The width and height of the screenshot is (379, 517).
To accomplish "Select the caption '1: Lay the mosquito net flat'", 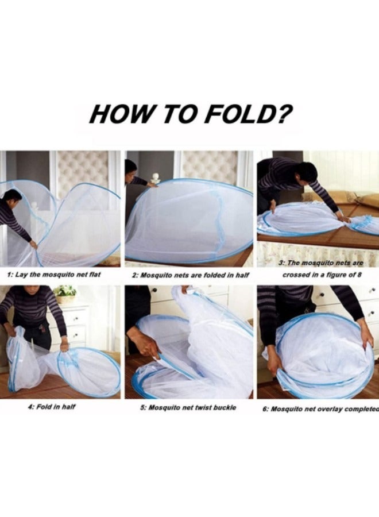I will [54, 275].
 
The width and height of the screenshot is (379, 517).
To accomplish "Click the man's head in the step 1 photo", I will [13, 198].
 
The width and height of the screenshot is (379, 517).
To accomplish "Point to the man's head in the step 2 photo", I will [131, 167].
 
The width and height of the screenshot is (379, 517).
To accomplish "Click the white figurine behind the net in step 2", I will [154, 179].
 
